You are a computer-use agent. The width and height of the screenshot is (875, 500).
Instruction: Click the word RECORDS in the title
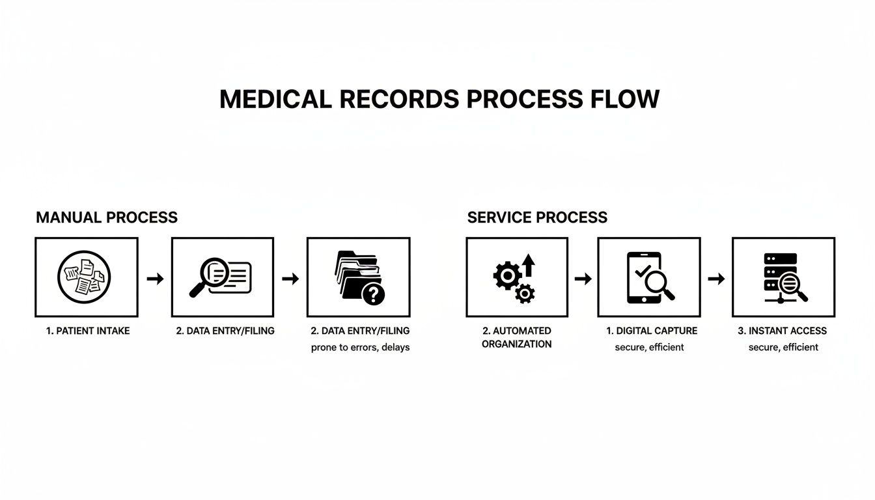tap(376, 100)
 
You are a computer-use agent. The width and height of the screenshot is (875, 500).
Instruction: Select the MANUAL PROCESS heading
tap(107, 217)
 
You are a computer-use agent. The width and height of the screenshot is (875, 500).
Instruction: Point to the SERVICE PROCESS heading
tap(537, 217)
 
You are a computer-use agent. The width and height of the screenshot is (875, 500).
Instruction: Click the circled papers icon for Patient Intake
tap(84, 277)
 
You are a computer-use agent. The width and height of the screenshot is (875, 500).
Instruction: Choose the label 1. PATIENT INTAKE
tap(88, 331)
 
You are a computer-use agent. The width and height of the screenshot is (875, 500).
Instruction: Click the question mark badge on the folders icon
tap(373, 294)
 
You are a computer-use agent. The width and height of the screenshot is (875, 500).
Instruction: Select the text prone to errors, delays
tap(360, 348)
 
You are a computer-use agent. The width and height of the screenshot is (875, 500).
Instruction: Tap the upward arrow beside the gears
tap(528, 266)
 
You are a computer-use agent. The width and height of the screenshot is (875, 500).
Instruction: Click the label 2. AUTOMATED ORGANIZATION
tap(517, 337)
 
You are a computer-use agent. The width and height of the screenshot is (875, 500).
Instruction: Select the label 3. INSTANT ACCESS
tap(782, 331)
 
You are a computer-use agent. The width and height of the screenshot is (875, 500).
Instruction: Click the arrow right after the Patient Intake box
tap(155, 279)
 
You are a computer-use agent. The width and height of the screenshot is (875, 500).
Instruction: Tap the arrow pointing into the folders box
tap(290, 279)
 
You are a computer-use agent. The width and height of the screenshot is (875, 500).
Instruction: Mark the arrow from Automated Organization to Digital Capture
tap(583, 279)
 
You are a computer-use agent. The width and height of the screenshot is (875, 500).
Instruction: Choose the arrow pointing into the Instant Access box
tap(716, 279)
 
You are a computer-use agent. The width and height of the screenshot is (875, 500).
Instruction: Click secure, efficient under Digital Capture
tap(649, 348)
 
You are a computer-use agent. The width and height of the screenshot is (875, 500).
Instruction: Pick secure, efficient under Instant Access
tap(783, 348)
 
